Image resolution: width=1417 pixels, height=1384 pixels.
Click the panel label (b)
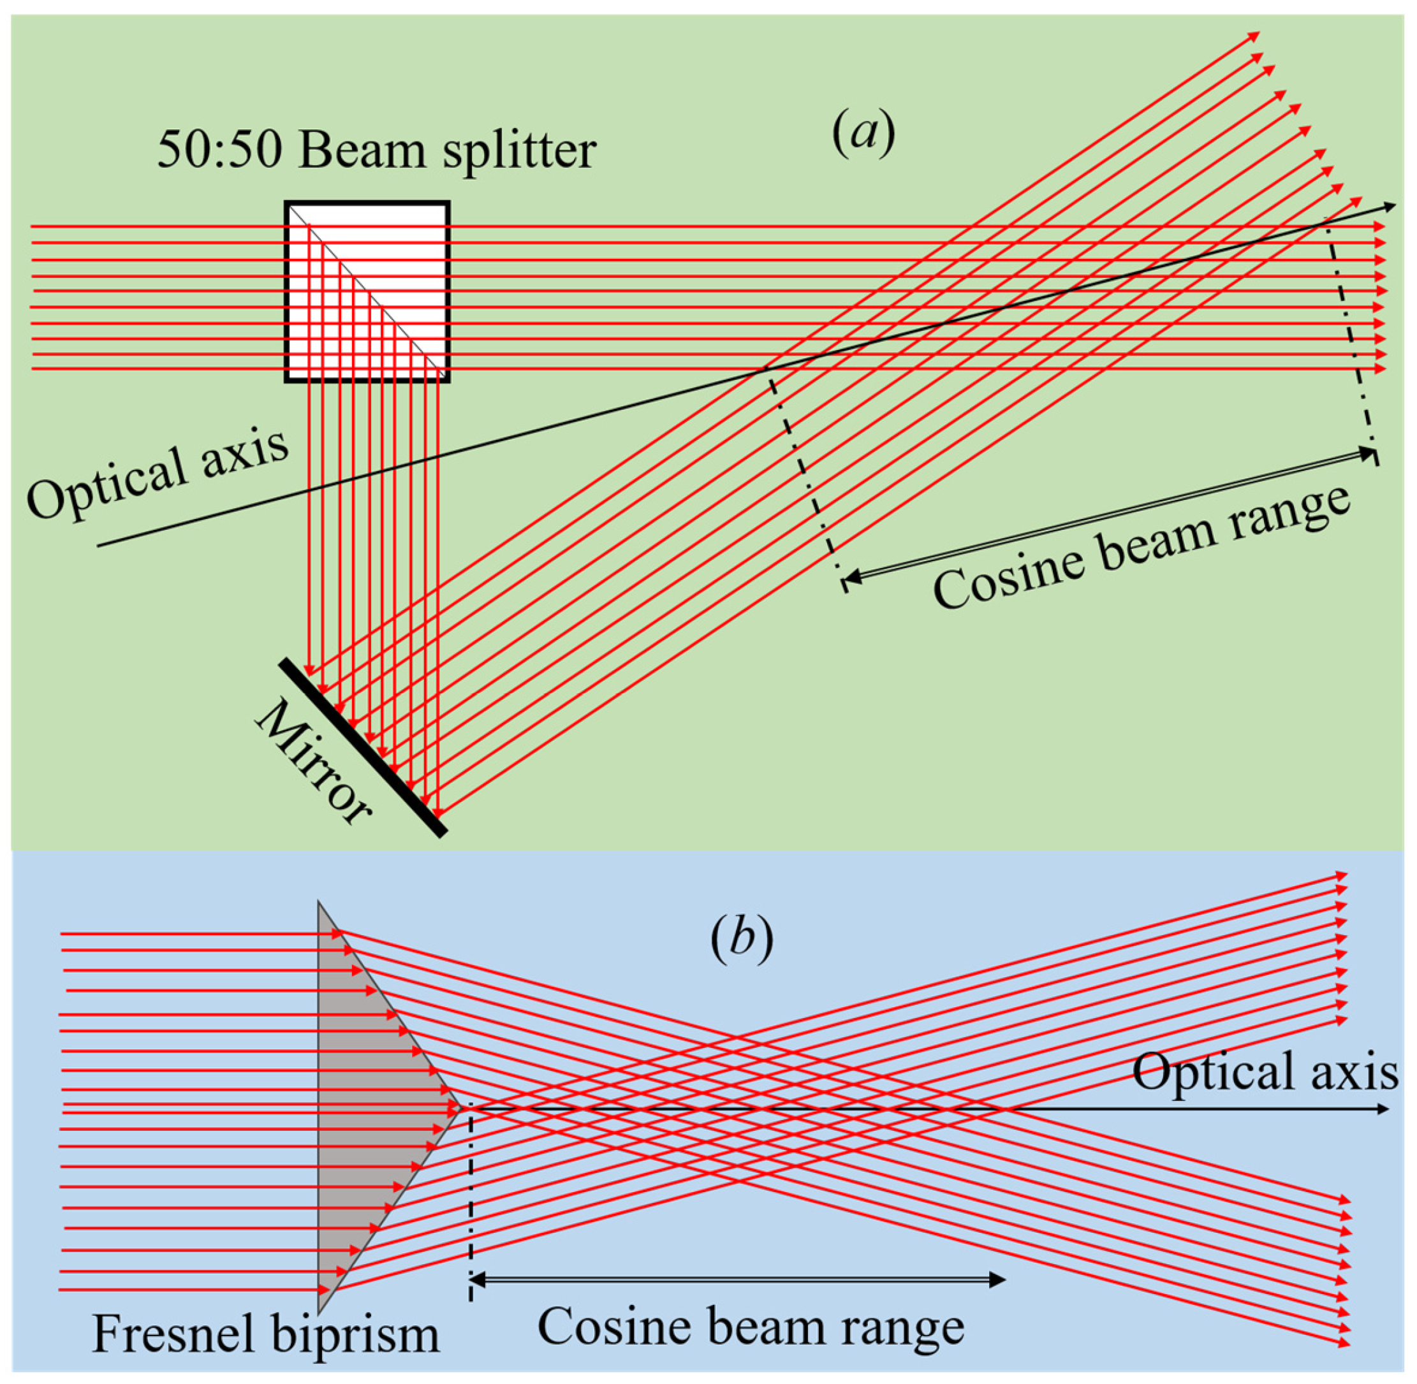click(x=741, y=939)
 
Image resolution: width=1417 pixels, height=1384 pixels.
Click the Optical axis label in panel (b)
click(x=1265, y=1072)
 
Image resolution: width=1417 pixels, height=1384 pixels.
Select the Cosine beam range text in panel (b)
click(x=751, y=1327)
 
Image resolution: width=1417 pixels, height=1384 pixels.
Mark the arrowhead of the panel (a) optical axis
click(x=1389, y=207)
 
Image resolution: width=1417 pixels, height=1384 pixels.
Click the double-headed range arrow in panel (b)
click(x=738, y=1281)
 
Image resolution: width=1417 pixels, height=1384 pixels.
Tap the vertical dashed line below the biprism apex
click(x=471, y=1199)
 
